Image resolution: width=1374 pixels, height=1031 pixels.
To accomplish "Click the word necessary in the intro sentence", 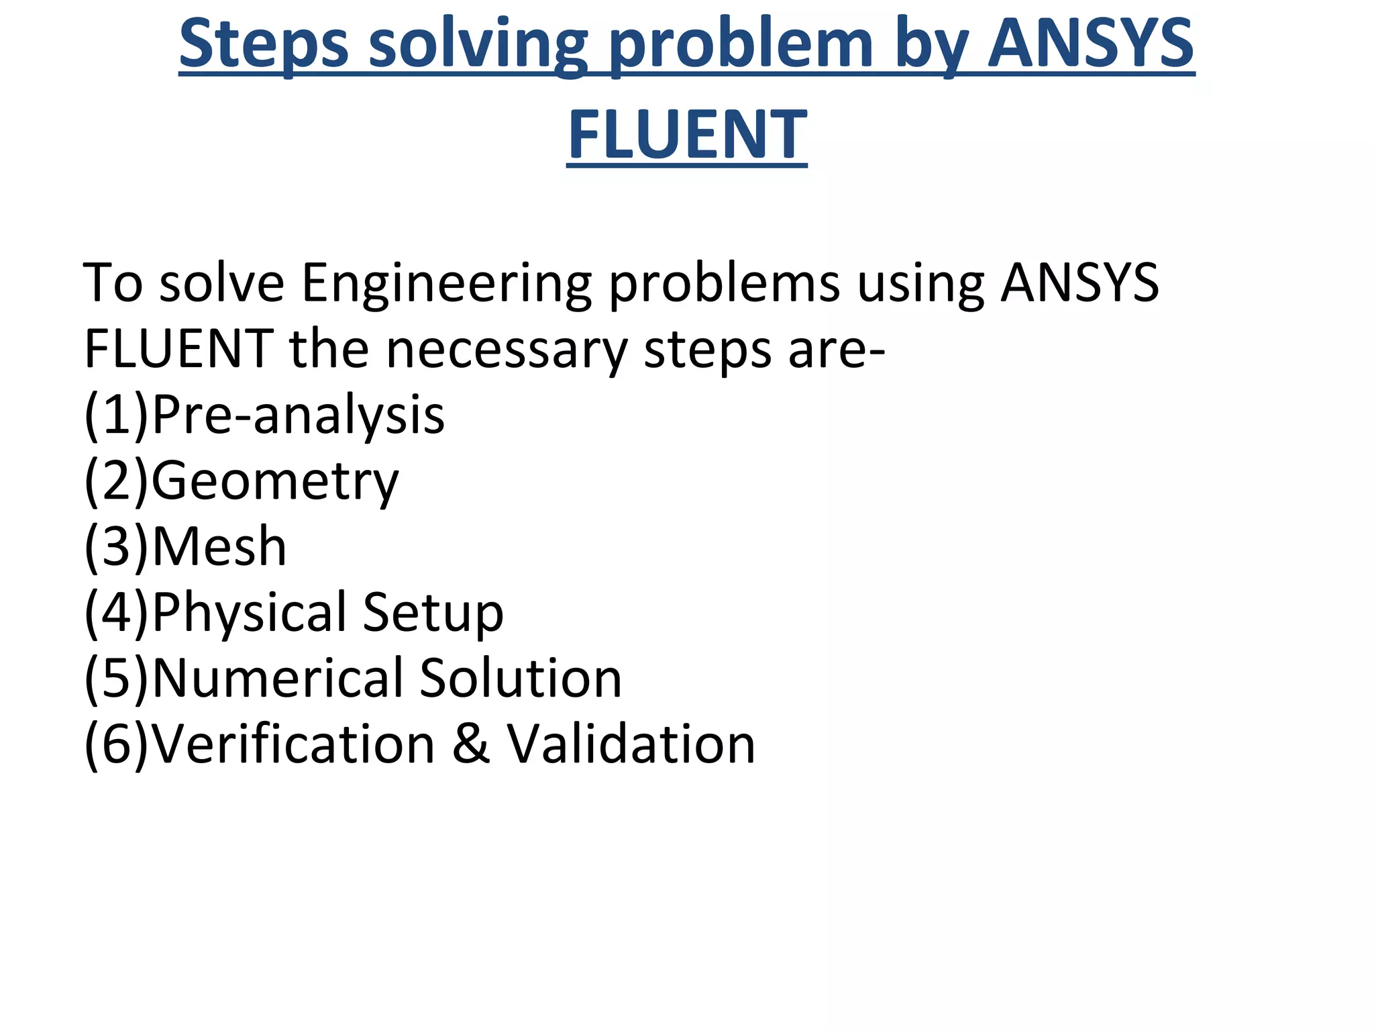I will pyautogui.click(x=507, y=349).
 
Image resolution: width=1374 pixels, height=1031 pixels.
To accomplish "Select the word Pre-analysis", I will pyautogui.click(x=299, y=414).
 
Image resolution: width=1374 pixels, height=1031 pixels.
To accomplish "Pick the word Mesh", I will pyautogui.click(x=219, y=546).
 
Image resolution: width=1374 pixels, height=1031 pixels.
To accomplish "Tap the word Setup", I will pyautogui.click(x=433, y=612).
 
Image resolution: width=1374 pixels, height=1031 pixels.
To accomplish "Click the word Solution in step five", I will pyautogui.click(x=521, y=678).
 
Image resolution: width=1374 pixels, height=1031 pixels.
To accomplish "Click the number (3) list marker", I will pyautogui.click(x=116, y=546).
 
